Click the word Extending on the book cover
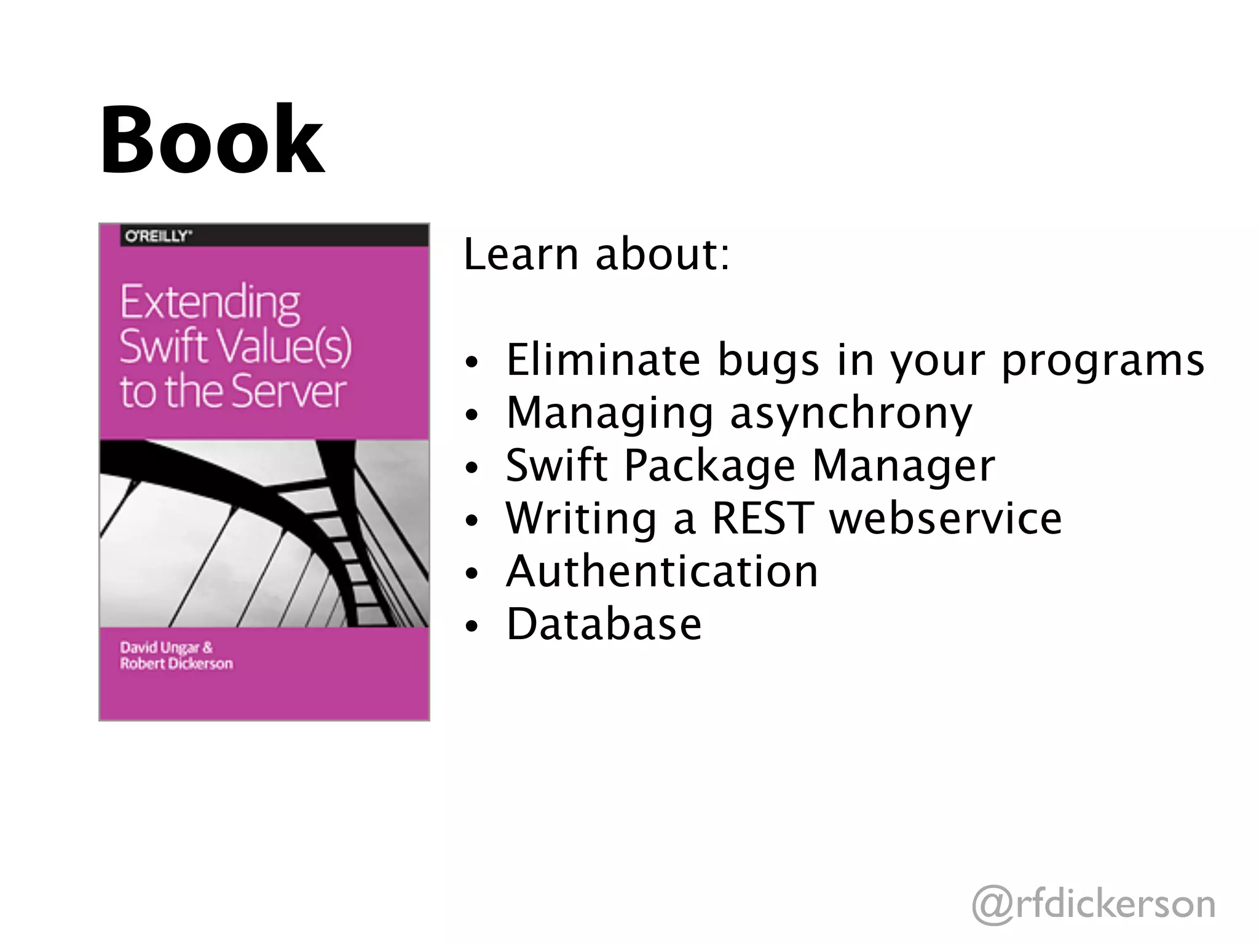(x=210, y=302)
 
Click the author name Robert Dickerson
(x=176, y=664)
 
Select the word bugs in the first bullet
(x=768, y=361)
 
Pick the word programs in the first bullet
(x=1103, y=361)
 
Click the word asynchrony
(x=851, y=414)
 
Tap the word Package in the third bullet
(x=709, y=465)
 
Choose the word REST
(x=763, y=518)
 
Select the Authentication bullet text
(x=662, y=571)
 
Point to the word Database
(x=604, y=624)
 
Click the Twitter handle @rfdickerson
(x=1094, y=903)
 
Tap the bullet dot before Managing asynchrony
(x=472, y=415)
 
